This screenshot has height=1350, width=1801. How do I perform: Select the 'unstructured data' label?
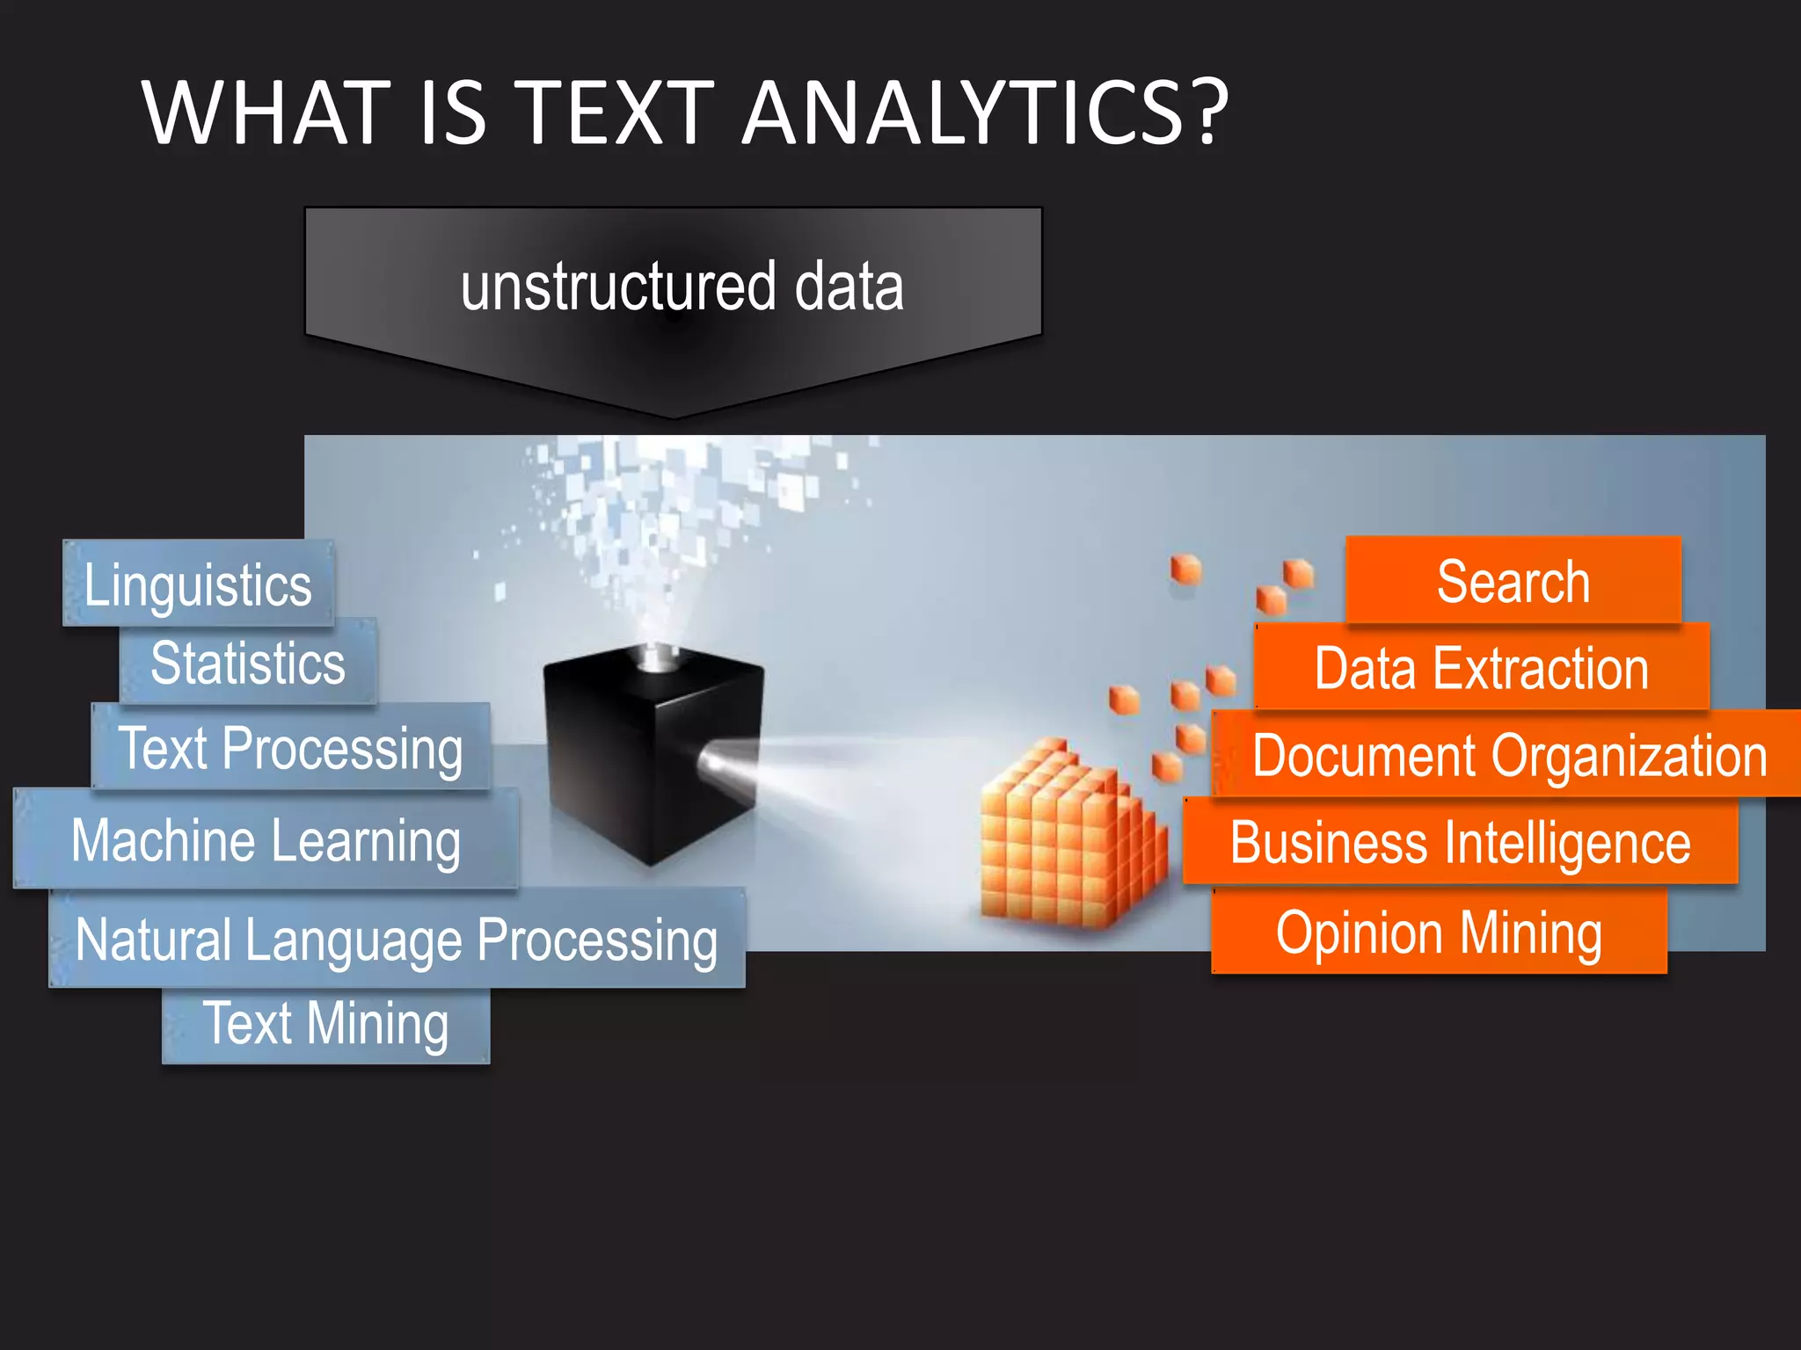click(682, 287)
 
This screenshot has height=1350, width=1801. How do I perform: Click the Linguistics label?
click(199, 584)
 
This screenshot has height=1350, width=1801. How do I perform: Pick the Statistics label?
click(248, 662)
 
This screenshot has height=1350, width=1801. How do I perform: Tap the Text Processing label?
click(290, 748)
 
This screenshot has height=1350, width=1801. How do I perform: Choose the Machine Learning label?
click(266, 840)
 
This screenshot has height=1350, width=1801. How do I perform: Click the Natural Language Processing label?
click(397, 939)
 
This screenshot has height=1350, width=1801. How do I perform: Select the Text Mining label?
click(325, 1024)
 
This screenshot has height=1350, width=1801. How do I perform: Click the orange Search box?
click(1513, 581)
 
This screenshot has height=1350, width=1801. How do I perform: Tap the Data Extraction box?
click(1482, 668)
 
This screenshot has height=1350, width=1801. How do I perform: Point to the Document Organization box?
click(1509, 755)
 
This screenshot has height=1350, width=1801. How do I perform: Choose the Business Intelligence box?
click(1460, 842)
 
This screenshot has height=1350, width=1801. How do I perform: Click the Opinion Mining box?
click(1439, 933)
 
